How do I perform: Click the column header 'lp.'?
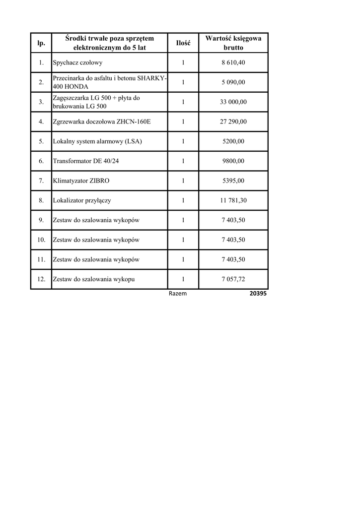pos(41,43)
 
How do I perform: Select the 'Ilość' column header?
pos(183,43)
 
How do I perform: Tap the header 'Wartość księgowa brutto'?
pos(233,43)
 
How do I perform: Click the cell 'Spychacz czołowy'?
pos(77,63)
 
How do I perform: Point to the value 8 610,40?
pos(233,63)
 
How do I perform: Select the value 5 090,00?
pos(233,82)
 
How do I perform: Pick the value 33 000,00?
pos(233,102)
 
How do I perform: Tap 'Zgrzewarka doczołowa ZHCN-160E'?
pos(101,122)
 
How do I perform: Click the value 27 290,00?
pos(233,122)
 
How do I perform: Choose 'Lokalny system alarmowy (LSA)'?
pos(97,141)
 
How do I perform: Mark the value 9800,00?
pos(233,161)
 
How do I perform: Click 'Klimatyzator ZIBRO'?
pos(81,181)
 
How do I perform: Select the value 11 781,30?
pos(233,200)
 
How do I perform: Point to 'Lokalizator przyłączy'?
pos(82,200)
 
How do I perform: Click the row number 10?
pos(41,240)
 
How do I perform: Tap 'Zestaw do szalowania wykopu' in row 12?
pos(94,279)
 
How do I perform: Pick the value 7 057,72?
pos(233,279)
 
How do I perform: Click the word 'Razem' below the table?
pos(178,294)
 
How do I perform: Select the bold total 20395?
pos(258,294)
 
